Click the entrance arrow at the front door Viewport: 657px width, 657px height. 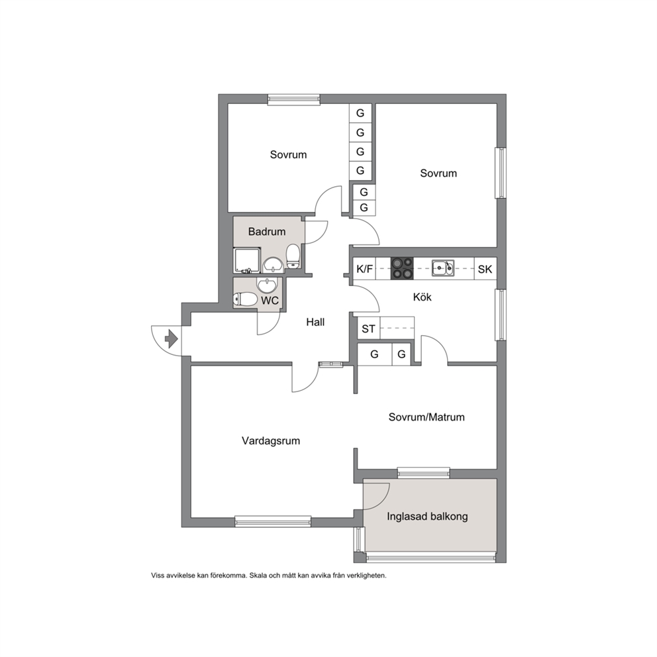click(x=172, y=339)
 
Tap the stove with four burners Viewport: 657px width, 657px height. click(x=402, y=269)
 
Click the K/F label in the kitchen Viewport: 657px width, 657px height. click(x=364, y=269)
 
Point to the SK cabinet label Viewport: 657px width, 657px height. click(x=485, y=269)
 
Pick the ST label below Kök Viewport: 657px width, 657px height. click(x=368, y=329)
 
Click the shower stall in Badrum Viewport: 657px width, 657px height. click(x=247, y=261)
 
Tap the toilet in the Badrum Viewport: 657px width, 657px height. click(x=293, y=256)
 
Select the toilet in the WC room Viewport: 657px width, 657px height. click(x=245, y=299)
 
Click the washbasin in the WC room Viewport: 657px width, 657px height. click(x=267, y=285)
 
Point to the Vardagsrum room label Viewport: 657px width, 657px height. click(x=271, y=441)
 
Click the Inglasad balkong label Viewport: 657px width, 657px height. click(x=427, y=516)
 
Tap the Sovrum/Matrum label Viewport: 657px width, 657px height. click(x=427, y=417)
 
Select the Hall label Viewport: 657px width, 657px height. click(x=315, y=322)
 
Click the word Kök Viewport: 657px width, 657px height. click(x=422, y=297)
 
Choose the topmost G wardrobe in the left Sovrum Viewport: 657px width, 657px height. click(x=360, y=113)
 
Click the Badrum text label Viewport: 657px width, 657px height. click(x=267, y=231)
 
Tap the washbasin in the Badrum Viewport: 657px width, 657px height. click(x=273, y=264)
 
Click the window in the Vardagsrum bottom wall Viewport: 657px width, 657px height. click(x=273, y=521)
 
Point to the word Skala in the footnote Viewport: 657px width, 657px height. click(x=258, y=576)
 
